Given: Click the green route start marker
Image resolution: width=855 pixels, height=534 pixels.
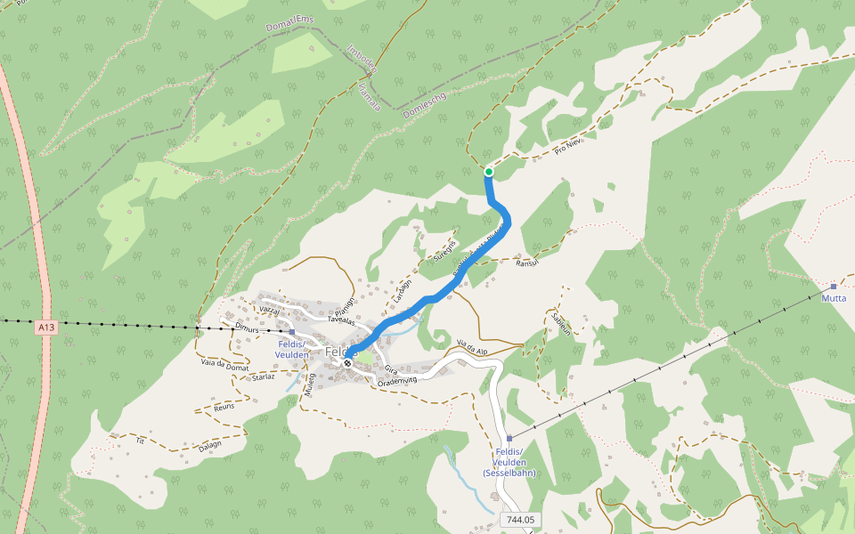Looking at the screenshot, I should [489, 172].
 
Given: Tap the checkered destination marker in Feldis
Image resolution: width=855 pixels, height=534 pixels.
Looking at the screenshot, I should [347, 363].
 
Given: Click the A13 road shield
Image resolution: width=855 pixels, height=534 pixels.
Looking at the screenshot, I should [46, 328].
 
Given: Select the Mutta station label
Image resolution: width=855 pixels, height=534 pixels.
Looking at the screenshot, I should [835, 298].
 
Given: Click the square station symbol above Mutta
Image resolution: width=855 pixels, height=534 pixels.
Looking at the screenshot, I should [834, 287].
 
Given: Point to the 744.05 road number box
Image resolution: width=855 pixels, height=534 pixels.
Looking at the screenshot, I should [522, 519].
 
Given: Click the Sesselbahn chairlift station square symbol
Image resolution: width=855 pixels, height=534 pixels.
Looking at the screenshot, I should [509, 439].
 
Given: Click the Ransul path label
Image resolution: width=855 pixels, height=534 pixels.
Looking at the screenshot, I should [528, 262].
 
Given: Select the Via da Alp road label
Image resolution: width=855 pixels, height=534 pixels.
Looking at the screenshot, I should [472, 344].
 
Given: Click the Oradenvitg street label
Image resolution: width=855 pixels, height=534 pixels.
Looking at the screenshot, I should [397, 381].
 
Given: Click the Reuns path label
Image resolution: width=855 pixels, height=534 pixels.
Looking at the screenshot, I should [224, 407].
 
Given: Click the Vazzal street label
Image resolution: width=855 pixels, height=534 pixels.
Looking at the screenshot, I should [269, 309].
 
